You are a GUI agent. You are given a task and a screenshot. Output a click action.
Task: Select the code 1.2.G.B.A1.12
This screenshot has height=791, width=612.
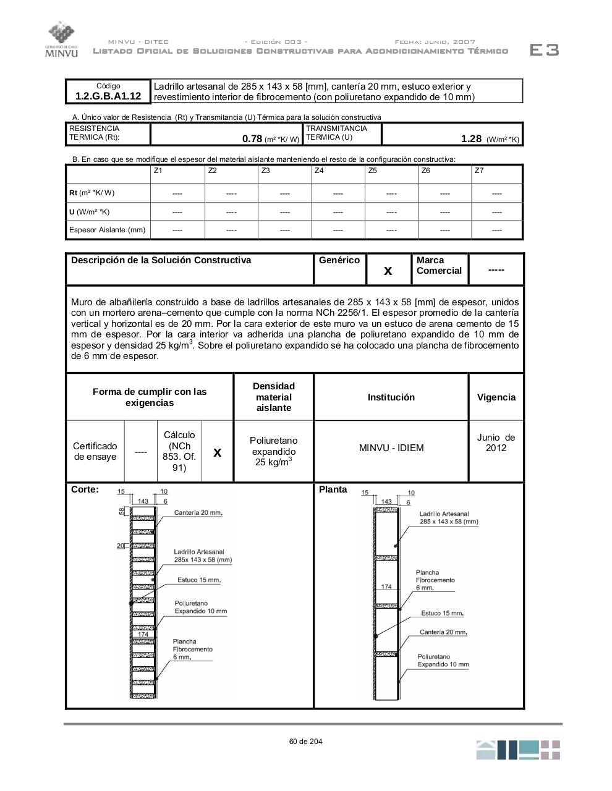[108, 96]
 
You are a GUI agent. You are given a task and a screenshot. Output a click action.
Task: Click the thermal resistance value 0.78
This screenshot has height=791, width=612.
[252, 138]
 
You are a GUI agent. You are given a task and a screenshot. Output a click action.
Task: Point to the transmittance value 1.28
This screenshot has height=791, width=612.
[471, 138]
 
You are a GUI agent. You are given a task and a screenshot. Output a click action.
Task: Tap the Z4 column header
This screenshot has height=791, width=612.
[319, 171]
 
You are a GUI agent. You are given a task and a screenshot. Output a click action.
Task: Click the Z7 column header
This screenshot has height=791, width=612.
[479, 171]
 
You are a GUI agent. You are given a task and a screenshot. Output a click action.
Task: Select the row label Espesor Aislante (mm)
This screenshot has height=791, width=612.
[108, 230]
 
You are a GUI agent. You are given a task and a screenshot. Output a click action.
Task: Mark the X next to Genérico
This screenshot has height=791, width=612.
[388, 271]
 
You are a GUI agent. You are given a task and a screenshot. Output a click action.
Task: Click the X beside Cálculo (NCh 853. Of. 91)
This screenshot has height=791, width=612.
[218, 452]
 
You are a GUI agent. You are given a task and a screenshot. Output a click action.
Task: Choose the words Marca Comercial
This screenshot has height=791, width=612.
[439, 266]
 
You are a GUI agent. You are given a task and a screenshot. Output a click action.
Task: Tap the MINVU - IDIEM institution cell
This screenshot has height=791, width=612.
[391, 448]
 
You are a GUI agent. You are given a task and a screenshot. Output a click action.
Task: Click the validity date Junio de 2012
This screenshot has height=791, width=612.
[496, 442]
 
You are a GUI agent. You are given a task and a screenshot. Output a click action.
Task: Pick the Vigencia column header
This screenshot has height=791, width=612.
[496, 397]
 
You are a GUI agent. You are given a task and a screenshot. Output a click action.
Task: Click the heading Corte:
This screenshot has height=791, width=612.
[85, 489]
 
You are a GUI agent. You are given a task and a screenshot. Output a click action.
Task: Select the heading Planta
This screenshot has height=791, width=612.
[333, 489]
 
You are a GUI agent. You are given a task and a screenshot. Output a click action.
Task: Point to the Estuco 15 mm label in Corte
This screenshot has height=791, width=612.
[198, 580]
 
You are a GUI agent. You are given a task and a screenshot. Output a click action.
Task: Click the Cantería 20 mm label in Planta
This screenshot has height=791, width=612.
[443, 632]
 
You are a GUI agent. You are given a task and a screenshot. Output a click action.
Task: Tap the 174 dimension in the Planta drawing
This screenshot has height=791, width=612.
[386, 586]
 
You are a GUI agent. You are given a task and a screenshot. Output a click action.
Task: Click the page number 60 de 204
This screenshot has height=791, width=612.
[305, 742]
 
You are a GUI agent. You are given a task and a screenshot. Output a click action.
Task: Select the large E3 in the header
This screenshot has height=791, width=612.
[544, 50]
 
